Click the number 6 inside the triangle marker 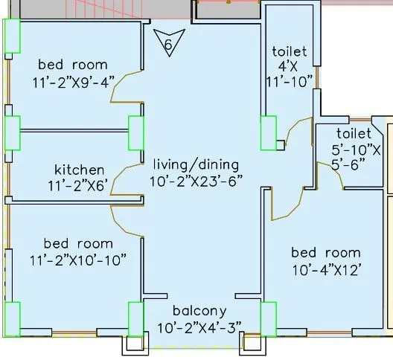pos(168,45)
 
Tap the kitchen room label pos(79,170)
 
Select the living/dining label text pos(196,165)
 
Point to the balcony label pos(199,311)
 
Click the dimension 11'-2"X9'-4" pos(74,82)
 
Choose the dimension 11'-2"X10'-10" pos(78,260)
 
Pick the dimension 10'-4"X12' pos(327,270)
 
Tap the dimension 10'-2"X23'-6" pos(196,181)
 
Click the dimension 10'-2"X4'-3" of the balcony pos(199,327)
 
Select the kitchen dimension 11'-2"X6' pos(77,186)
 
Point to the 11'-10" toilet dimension pos(290,82)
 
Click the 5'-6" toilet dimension pos(348,164)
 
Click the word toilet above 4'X pos(290,51)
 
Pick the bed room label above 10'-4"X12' pos(326,253)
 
